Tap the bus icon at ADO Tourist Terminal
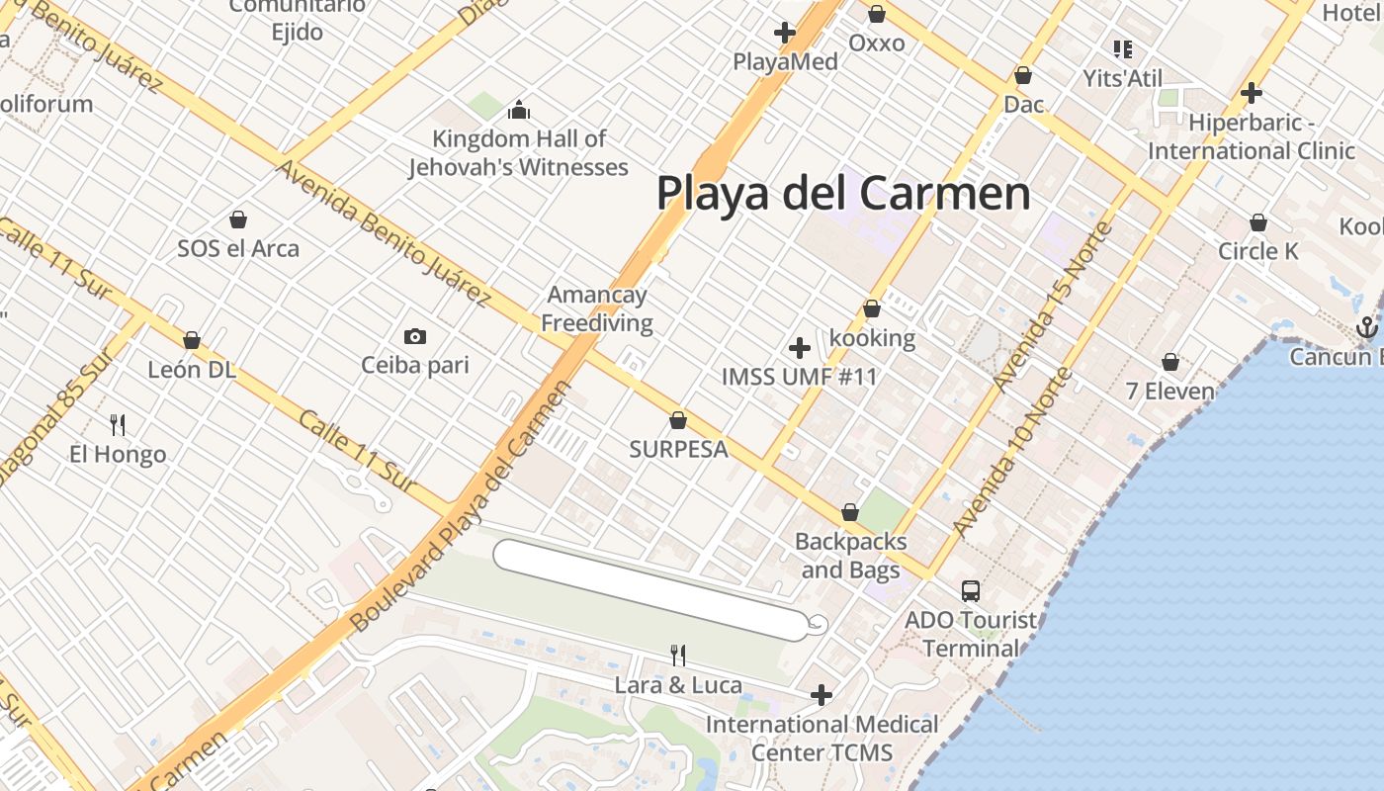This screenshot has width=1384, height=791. point(971,591)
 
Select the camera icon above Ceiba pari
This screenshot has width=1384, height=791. point(415,336)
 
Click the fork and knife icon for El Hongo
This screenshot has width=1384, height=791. point(118,425)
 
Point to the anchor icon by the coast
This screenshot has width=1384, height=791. point(1367,326)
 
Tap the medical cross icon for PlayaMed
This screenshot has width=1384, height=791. point(785,33)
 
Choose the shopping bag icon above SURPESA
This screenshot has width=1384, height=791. point(678,420)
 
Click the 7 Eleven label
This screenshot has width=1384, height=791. point(1170,392)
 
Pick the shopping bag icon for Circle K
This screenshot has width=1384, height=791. point(1258,222)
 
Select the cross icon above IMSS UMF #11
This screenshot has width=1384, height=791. point(800,348)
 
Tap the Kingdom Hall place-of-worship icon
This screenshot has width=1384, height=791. point(519,110)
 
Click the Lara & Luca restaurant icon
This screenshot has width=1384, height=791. point(678,655)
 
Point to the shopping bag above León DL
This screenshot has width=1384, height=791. point(192,340)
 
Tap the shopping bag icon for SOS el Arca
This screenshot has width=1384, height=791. point(238,219)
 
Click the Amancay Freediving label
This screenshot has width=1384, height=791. point(598,308)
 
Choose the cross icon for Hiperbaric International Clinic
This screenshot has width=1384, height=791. point(1252,93)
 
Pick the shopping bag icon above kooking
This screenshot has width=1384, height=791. point(872,308)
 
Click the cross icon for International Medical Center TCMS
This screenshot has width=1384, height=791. point(822,696)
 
